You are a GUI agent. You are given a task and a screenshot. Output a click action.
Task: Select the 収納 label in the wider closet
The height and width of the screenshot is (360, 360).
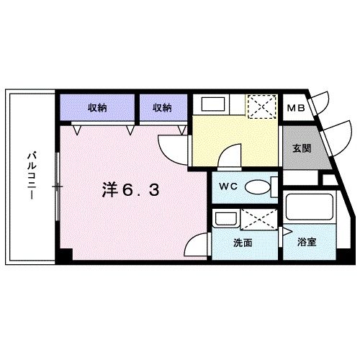coord(99,108)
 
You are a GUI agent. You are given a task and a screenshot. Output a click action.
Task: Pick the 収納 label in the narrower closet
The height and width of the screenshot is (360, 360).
coord(162,108)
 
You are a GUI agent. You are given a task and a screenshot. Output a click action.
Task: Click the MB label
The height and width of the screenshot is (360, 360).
coord(295,109)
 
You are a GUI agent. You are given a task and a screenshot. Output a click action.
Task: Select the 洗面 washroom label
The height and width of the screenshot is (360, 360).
coord(243,243)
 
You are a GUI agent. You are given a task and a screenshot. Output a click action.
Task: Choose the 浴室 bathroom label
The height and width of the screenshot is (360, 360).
coord(307,243)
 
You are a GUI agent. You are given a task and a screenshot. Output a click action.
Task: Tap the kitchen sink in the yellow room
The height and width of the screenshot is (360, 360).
coord(213,104)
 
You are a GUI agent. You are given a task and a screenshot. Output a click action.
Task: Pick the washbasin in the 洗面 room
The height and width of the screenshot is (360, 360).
coord(225,219)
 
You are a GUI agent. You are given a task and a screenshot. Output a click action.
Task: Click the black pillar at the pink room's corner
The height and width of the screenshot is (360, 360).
coord(66,255)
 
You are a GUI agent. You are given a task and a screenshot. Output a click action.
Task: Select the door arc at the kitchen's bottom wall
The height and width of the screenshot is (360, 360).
coord(228,153)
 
